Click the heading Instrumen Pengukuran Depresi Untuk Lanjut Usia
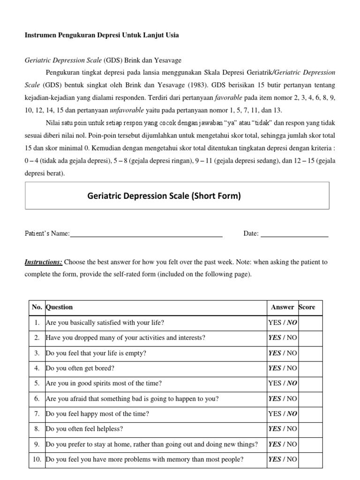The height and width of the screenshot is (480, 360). [x=102, y=35]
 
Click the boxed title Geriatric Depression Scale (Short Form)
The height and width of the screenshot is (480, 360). [x=164, y=196]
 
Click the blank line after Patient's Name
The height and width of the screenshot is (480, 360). [x=146, y=234]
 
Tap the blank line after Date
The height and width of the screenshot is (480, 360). [x=294, y=234]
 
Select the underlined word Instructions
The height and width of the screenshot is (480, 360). [x=43, y=262]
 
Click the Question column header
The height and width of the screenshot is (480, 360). [x=59, y=307]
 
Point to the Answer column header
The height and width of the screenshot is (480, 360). [x=282, y=307]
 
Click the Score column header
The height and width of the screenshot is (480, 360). [x=307, y=307]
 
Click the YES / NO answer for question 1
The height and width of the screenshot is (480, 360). [x=282, y=322]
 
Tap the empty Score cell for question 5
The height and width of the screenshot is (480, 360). [x=310, y=383]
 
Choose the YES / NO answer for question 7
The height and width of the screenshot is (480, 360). [x=282, y=413]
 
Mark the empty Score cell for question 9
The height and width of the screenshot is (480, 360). [x=310, y=444]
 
